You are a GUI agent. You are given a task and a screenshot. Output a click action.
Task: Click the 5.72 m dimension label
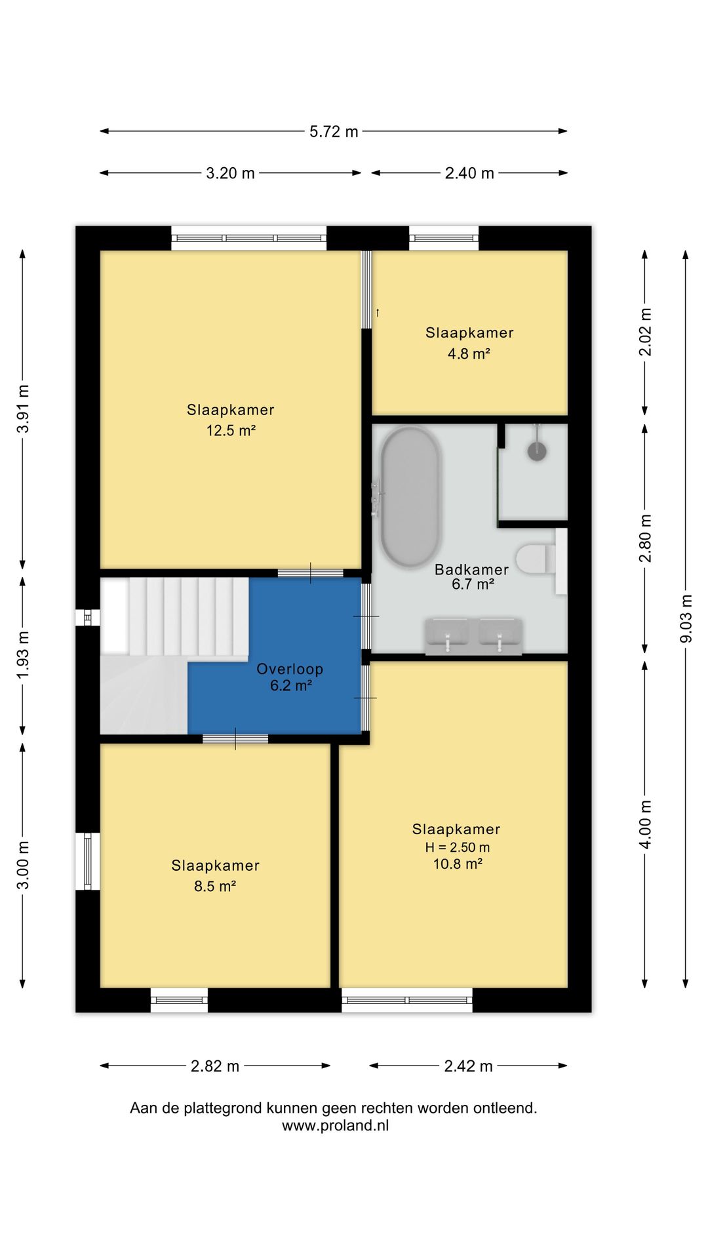coord(334,132)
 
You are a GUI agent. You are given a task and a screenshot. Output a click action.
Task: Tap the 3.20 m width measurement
coord(230,174)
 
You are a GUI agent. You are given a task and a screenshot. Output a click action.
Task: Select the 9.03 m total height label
coord(686,619)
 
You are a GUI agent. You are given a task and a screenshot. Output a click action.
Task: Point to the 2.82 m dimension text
coord(215,1066)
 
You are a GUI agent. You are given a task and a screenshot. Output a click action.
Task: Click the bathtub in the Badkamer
coord(411,498)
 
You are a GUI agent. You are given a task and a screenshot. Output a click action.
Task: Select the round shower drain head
coord(538,450)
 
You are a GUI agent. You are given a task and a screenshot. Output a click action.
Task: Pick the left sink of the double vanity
coord(448,635)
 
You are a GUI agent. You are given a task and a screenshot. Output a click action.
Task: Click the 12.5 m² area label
coord(231,431)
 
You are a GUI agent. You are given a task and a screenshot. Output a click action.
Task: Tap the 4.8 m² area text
coord(469,354)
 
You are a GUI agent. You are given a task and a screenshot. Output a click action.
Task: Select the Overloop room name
coord(290,669)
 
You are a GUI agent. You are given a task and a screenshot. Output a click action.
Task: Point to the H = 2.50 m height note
coord(457,847)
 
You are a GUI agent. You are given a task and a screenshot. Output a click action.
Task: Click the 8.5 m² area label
coord(215,887)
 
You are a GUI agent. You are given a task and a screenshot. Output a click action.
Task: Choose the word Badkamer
coord(471,570)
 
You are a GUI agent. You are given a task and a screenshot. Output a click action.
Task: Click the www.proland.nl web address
coord(336,1125)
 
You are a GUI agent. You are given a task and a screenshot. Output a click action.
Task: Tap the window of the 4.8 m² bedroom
coord(444,238)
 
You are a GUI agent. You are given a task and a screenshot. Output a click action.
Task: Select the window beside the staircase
coord(87,618)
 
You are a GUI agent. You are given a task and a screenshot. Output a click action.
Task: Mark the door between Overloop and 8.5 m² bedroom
coord(235,739)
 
